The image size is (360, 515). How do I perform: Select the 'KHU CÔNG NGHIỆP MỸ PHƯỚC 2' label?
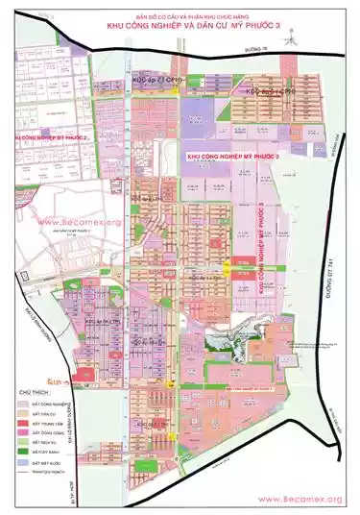(x=46, y=138)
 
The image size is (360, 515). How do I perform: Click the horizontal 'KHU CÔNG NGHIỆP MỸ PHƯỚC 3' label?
(x=233, y=155)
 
